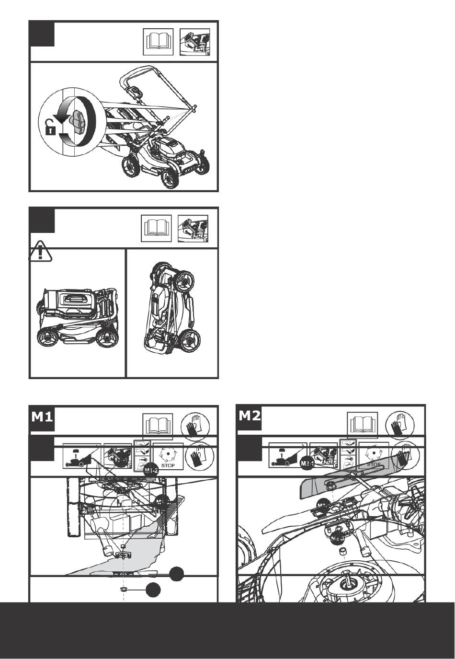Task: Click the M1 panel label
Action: pos(42,417)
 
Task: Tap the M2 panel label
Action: pos(250,415)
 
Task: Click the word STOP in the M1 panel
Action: pos(168,465)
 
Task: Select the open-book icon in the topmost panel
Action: pos(159,42)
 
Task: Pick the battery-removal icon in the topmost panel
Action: pos(194,42)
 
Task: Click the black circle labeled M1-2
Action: pos(151,470)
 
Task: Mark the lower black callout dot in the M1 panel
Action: pos(153,590)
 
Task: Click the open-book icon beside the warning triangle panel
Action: pos(156,229)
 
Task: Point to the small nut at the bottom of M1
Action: pos(124,587)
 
